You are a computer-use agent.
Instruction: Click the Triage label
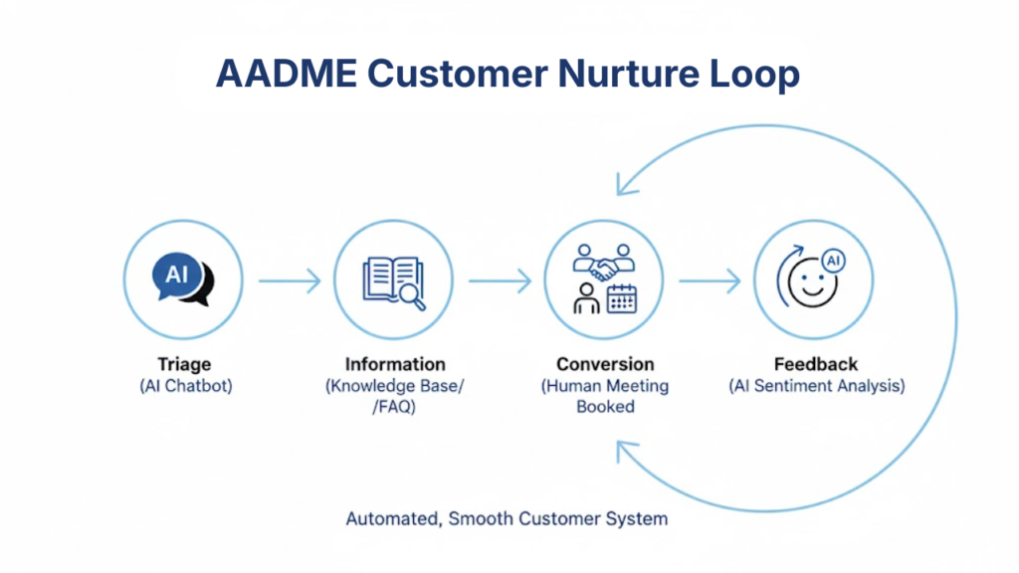pyautogui.click(x=184, y=364)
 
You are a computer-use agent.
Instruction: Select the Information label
pyautogui.click(x=395, y=364)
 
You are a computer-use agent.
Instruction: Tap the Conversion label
pyautogui.click(x=605, y=364)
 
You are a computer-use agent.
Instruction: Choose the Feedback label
pyautogui.click(x=816, y=364)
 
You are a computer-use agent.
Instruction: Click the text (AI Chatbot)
pyautogui.click(x=185, y=386)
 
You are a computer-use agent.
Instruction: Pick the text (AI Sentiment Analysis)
pyautogui.click(x=816, y=386)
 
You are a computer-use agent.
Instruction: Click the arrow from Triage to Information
pyautogui.click(x=290, y=282)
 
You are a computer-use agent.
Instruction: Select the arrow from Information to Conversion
pyautogui.click(x=500, y=282)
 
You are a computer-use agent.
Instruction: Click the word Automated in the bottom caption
pyautogui.click(x=393, y=518)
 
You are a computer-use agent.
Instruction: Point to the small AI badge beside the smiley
pyautogui.click(x=834, y=261)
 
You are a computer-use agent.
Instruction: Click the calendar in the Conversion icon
pyautogui.click(x=622, y=298)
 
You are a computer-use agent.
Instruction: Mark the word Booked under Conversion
pyautogui.click(x=605, y=407)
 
